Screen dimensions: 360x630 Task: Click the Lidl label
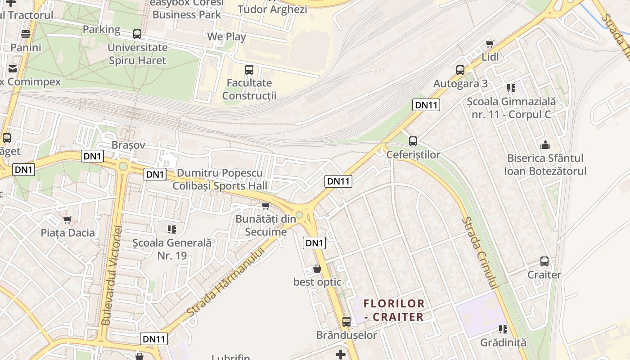click(490, 57)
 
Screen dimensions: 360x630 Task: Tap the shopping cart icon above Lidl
click(490, 44)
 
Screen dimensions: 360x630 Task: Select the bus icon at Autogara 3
click(460, 70)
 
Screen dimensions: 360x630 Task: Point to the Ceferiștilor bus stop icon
click(413, 141)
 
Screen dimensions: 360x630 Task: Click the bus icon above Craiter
click(544, 261)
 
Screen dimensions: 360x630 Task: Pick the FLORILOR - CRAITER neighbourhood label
click(394, 310)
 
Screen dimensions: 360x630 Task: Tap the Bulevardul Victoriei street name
click(112, 275)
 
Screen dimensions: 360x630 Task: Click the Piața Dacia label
click(68, 233)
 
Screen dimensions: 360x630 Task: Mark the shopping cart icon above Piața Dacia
click(67, 220)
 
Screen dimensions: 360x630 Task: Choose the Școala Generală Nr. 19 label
click(172, 249)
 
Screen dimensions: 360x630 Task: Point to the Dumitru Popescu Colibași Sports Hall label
click(220, 180)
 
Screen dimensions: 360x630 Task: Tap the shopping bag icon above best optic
click(317, 269)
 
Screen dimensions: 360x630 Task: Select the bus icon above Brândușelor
click(346, 322)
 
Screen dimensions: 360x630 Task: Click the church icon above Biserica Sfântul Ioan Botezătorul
click(545, 145)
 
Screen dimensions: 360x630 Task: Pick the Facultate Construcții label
click(249, 89)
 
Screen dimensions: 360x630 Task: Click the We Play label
click(226, 36)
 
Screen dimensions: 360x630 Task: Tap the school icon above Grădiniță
click(503, 329)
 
